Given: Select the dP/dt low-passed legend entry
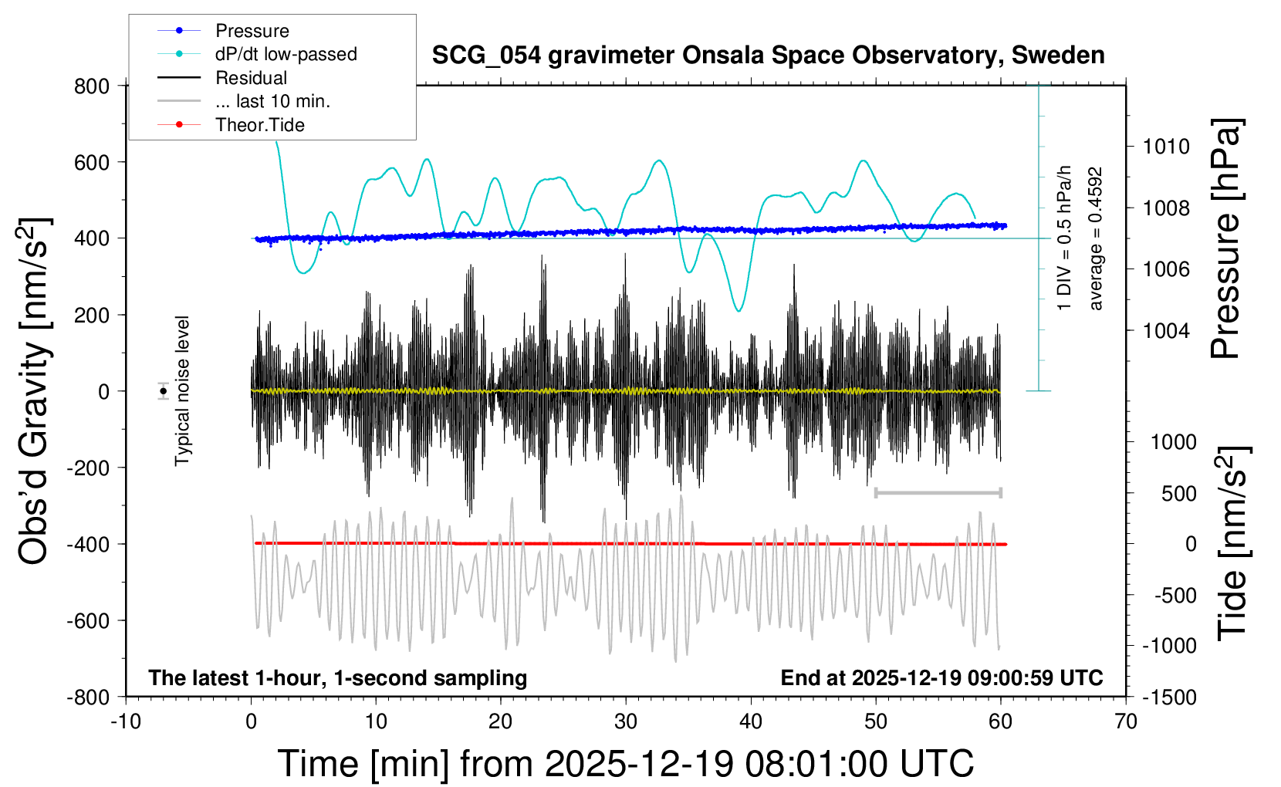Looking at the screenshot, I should [286, 54].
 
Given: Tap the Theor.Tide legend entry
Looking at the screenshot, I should [259, 125].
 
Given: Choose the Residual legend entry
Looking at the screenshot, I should [251, 78].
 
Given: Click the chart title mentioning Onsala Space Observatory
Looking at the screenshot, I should [768, 56].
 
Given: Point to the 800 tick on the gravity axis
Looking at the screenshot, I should [92, 86].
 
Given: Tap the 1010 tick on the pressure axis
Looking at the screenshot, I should [1166, 147].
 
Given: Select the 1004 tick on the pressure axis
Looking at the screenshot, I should [1166, 331].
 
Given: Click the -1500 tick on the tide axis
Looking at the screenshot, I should [1169, 697].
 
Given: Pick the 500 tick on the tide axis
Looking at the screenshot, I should [1178, 494].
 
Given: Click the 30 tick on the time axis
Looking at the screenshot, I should [626, 722].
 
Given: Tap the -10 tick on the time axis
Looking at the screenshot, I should [126, 722].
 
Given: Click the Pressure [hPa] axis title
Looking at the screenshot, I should [1225, 239].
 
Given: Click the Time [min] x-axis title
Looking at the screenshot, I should [626, 764].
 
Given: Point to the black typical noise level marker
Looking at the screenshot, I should [164, 391].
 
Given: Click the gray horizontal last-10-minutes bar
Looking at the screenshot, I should [938, 492].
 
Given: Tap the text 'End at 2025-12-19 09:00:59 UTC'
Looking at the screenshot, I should [941, 678].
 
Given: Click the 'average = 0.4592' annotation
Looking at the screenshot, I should [1096, 239].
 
